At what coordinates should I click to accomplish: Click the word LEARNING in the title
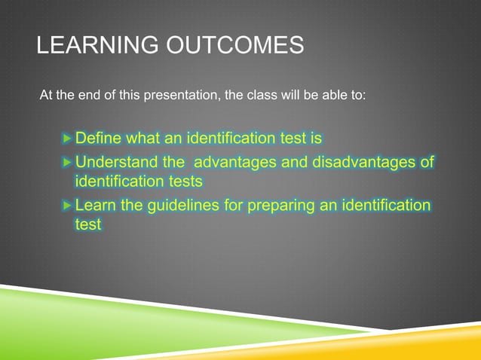[x=90, y=47]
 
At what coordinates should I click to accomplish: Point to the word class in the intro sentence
[x=259, y=96]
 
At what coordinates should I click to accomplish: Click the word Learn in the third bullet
[x=95, y=206]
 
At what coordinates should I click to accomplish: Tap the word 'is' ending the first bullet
[x=316, y=139]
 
